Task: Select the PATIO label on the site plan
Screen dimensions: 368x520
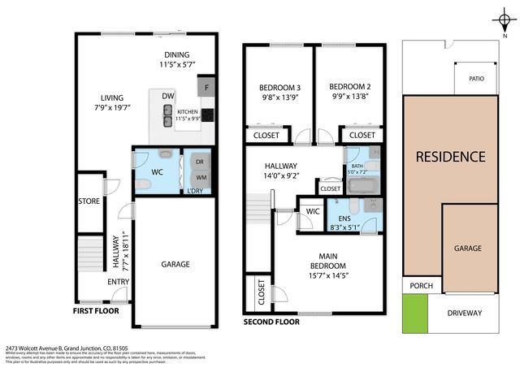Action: coord(477,80)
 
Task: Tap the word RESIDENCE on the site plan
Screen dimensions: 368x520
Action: coord(450,156)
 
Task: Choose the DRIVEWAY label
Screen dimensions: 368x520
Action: coord(464,313)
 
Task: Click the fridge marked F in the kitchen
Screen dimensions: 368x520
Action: coord(206,85)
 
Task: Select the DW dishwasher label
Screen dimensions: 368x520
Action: coord(168,97)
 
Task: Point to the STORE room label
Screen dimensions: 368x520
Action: coord(89,201)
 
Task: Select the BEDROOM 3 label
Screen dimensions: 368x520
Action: coord(279,88)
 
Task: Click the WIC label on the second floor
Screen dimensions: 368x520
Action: coord(311,212)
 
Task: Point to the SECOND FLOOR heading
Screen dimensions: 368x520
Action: coord(271,322)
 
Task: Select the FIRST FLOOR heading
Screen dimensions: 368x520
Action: coord(96,310)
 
